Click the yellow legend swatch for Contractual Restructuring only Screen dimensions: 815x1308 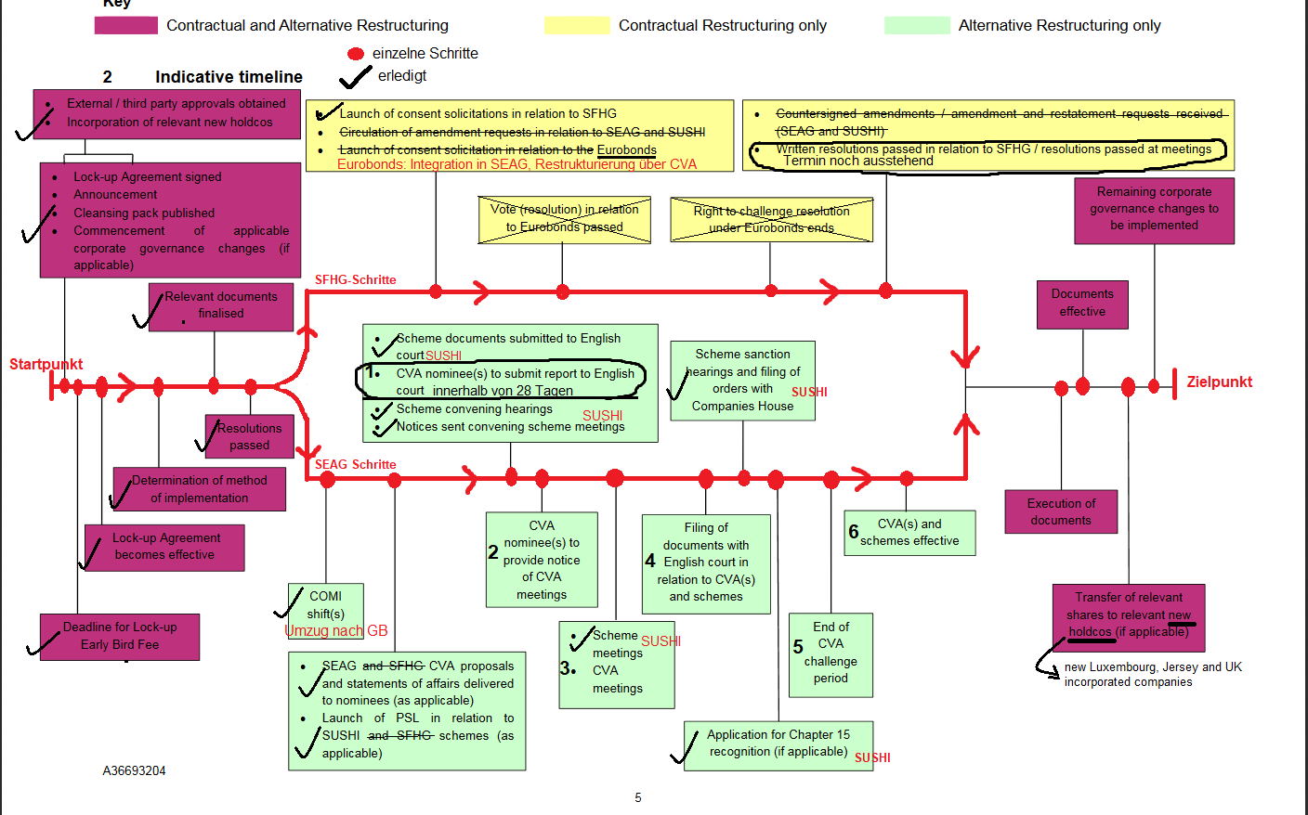(577, 25)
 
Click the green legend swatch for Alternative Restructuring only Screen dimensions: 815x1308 (917, 25)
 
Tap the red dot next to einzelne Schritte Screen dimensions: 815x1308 (356, 54)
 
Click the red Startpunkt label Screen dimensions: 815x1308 (46, 364)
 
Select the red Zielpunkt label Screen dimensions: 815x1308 (1219, 382)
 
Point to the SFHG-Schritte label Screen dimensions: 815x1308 (355, 279)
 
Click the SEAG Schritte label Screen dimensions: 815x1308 (355, 464)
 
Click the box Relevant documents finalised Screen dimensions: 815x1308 (221, 306)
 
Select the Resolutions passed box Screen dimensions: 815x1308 (249, 436)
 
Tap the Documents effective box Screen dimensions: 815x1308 (1082, 304)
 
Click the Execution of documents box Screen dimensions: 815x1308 (1061, 511)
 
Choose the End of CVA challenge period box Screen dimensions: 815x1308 (831, 653)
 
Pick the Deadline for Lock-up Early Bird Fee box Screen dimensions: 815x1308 (120, 637)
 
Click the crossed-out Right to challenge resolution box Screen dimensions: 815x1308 (771, 219)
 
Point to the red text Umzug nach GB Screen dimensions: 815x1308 (336, 631)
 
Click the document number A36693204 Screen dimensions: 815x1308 (134, 770)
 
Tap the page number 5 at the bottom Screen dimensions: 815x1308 (638, 797)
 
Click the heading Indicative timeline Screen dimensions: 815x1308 (229, 77)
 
